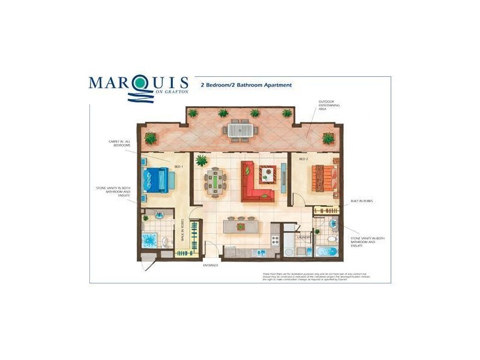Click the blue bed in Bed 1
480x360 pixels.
[157, 179]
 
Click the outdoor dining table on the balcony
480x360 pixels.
[239, 130]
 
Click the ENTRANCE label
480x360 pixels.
[210, 265]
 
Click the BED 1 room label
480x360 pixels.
[178, 166]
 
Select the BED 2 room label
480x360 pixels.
[304, 159]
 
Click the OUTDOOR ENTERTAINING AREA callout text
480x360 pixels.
[328, 106]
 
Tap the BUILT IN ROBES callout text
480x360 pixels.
[362, 202]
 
